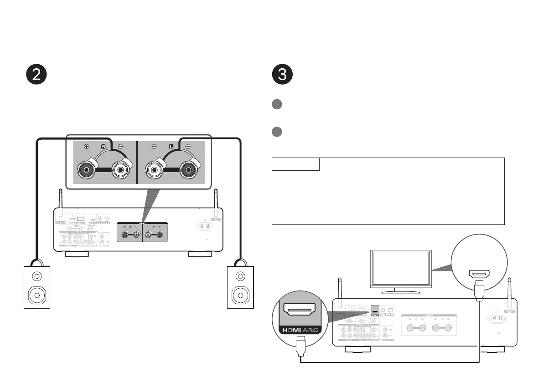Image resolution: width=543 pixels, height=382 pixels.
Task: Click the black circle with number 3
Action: point(282,75)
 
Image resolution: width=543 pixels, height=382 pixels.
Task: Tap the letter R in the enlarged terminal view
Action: point(103,147)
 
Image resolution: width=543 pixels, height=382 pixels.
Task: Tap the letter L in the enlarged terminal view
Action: point(171,147)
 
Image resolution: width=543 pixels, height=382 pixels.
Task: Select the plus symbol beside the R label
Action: point(87,147)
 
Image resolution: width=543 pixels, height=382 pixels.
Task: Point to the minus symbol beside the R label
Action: point(120,147)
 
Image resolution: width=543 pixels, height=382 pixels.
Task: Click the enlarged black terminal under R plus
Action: point(87,171)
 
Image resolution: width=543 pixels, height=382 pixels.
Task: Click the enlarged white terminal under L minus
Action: point(154,171)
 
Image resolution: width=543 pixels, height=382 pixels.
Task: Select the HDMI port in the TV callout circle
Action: point(479,274)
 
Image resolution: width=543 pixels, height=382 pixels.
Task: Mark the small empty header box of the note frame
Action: point(295,164)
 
